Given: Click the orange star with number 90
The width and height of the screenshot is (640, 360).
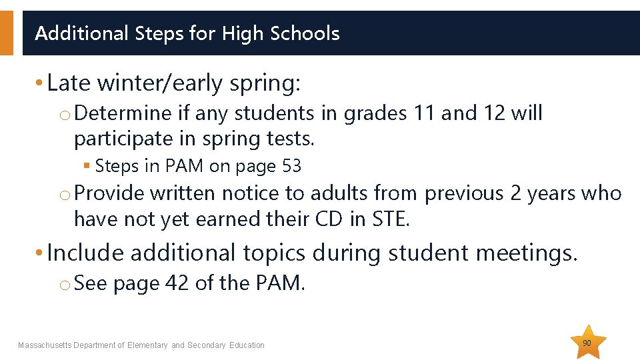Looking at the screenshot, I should pyautogui.click(x=587, y=343).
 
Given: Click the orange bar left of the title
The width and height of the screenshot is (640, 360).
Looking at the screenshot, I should pyautogui.click(x=6, y=32).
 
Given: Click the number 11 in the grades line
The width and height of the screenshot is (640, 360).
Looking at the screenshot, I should pyautogui.click(x=424, y=114).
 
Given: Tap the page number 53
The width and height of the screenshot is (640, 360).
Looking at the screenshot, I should pyautogui.click(x=292, y=166).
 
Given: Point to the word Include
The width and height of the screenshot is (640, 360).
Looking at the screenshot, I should pyautogui.click(x=86, y=253).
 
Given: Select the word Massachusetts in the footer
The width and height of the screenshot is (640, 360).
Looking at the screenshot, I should pyautogui.click(x=44, y=345).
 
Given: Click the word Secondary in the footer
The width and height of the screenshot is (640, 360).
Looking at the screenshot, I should pyautogui.click(x=207, y=345).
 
